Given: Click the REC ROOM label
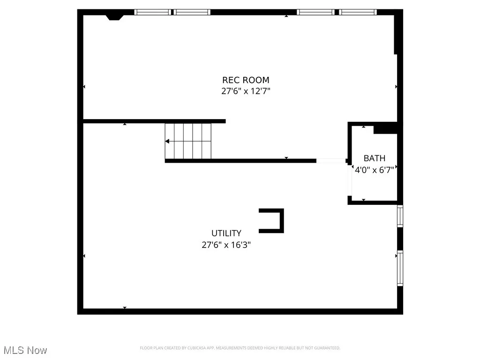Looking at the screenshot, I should (x=246, y=80).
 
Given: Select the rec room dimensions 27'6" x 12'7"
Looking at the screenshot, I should (x=246, y=91).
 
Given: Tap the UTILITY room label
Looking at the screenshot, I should (x=226, y=233).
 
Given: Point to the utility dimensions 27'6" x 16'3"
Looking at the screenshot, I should (x=226, y=244).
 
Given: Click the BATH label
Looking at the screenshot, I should (x=375, y=158).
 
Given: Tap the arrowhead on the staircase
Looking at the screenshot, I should (x=167, y=141).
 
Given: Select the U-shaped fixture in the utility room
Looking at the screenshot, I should (x=272, y=220).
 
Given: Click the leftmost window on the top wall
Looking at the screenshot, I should (x=153, y=12).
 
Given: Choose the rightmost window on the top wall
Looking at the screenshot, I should (x=359, y=12).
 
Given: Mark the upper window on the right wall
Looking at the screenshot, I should (x=400, y=216).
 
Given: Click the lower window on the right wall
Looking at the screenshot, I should (x=400, y=268).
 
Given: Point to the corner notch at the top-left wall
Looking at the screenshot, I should (x=114, y=17).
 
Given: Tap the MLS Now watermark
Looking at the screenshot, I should (x=25, y=350).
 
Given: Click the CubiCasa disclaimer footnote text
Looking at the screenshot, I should (x=240, y=348).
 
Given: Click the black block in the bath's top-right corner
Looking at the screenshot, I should (x=385, y=128).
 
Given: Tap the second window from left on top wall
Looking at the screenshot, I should (x=193, y=12).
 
